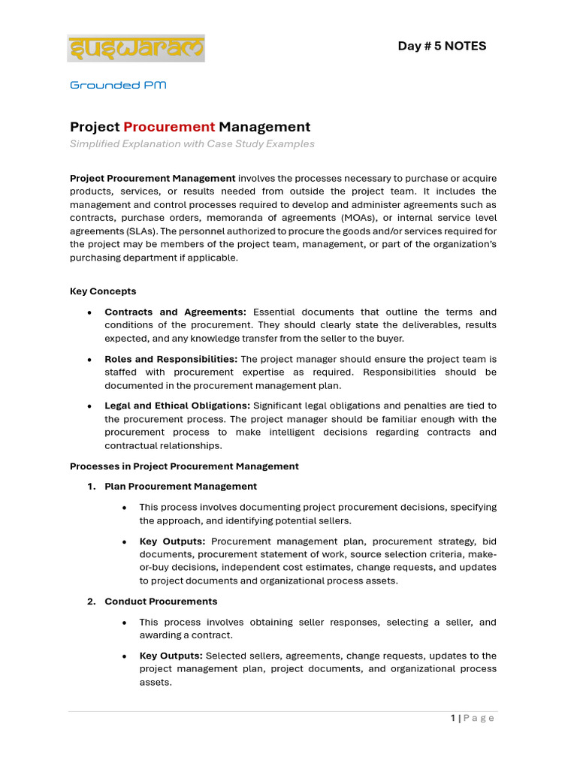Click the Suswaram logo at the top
[136, 48]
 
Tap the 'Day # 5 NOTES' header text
[442, 46]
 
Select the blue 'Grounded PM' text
[118, 85]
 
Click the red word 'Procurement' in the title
[169, 127]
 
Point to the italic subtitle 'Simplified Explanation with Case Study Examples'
[192, 143]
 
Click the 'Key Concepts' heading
[103, 291]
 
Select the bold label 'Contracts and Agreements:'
[175, 312]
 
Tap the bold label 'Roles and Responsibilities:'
[171, 359]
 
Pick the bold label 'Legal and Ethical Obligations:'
[177, 406]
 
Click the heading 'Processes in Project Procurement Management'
[184, 466]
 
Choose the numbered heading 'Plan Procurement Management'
[180, 486]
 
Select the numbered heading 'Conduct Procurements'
[161, 601]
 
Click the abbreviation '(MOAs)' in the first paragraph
[383, 219]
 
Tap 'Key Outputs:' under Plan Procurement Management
[172, 541]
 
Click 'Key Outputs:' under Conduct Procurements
[172, 656]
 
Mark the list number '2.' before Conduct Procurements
[91, 601]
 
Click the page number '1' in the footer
[453, 718]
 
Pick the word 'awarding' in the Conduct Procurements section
[161, 635]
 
